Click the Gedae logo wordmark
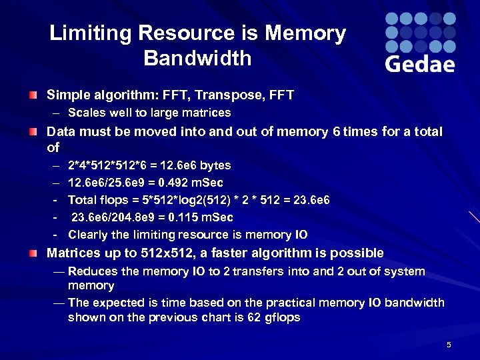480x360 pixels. point(420,64)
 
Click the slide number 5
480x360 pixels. point(449,345)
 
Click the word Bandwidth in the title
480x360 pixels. point(197,59)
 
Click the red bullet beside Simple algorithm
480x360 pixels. point(33,96)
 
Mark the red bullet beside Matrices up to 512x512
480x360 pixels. point(33,253)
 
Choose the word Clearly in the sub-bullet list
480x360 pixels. point(90,235)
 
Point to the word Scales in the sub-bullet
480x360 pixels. point(85,113)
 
